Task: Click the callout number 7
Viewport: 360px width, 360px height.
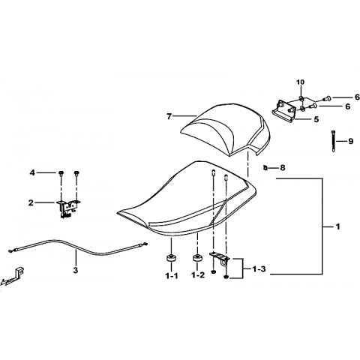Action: (169, 116)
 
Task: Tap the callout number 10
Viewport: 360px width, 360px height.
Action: (301, 82)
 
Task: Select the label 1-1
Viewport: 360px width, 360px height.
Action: (172, 276)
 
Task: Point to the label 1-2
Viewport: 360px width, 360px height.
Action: (198, 275)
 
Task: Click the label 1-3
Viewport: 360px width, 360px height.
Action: (259, 269)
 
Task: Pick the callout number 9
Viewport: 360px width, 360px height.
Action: (350, 141)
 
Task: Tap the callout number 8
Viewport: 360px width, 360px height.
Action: (283, 167)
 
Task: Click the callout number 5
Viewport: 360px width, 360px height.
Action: (316, 119)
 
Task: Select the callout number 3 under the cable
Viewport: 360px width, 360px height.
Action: (76, 270)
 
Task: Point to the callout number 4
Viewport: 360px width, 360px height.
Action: (32, 172)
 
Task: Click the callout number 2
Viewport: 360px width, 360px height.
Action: (31, 202)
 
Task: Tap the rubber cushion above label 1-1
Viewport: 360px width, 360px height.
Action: (171, 258)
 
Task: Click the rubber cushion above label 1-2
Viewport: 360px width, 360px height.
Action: (197, 258)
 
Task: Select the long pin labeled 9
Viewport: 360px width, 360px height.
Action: (334, 141)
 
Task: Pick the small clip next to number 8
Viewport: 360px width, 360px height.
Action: (265, 167)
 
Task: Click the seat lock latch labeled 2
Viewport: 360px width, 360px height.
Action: (68, 208)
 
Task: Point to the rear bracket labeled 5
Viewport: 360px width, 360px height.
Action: (283, 112)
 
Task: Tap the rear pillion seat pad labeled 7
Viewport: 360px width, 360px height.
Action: (225, 130)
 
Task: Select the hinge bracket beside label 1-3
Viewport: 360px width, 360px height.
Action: (220, 258)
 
